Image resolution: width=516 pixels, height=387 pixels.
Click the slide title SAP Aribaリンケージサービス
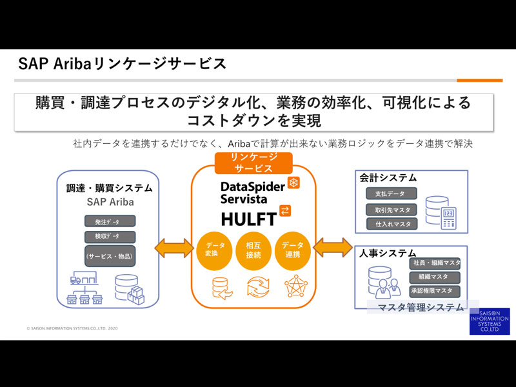(x=123, y=64)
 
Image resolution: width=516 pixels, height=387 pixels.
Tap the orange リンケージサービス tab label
(x=253, y=163)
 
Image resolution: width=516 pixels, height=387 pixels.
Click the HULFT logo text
(x=248, y=217)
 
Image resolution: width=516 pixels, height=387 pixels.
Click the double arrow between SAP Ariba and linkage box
(x=173, y=248)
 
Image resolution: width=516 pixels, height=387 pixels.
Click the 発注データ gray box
(x=110, y=221)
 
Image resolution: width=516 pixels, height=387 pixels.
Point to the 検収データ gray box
(x=110, y=236)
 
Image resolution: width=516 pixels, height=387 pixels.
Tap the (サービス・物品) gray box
(x=110, y=256)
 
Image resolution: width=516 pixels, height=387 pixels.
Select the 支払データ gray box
(x=391, y=193)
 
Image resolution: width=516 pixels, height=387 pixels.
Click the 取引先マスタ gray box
(x=392, y=210)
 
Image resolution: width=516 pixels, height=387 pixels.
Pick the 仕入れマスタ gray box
(x=392, y=224)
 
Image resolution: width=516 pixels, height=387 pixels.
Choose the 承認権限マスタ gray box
(x=435, y=291)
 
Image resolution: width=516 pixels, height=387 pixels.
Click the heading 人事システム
(x=388, y=253)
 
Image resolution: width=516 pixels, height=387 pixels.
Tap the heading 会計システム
(x=388, y=177)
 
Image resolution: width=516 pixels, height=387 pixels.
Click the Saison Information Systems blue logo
(x=489, y=321)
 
